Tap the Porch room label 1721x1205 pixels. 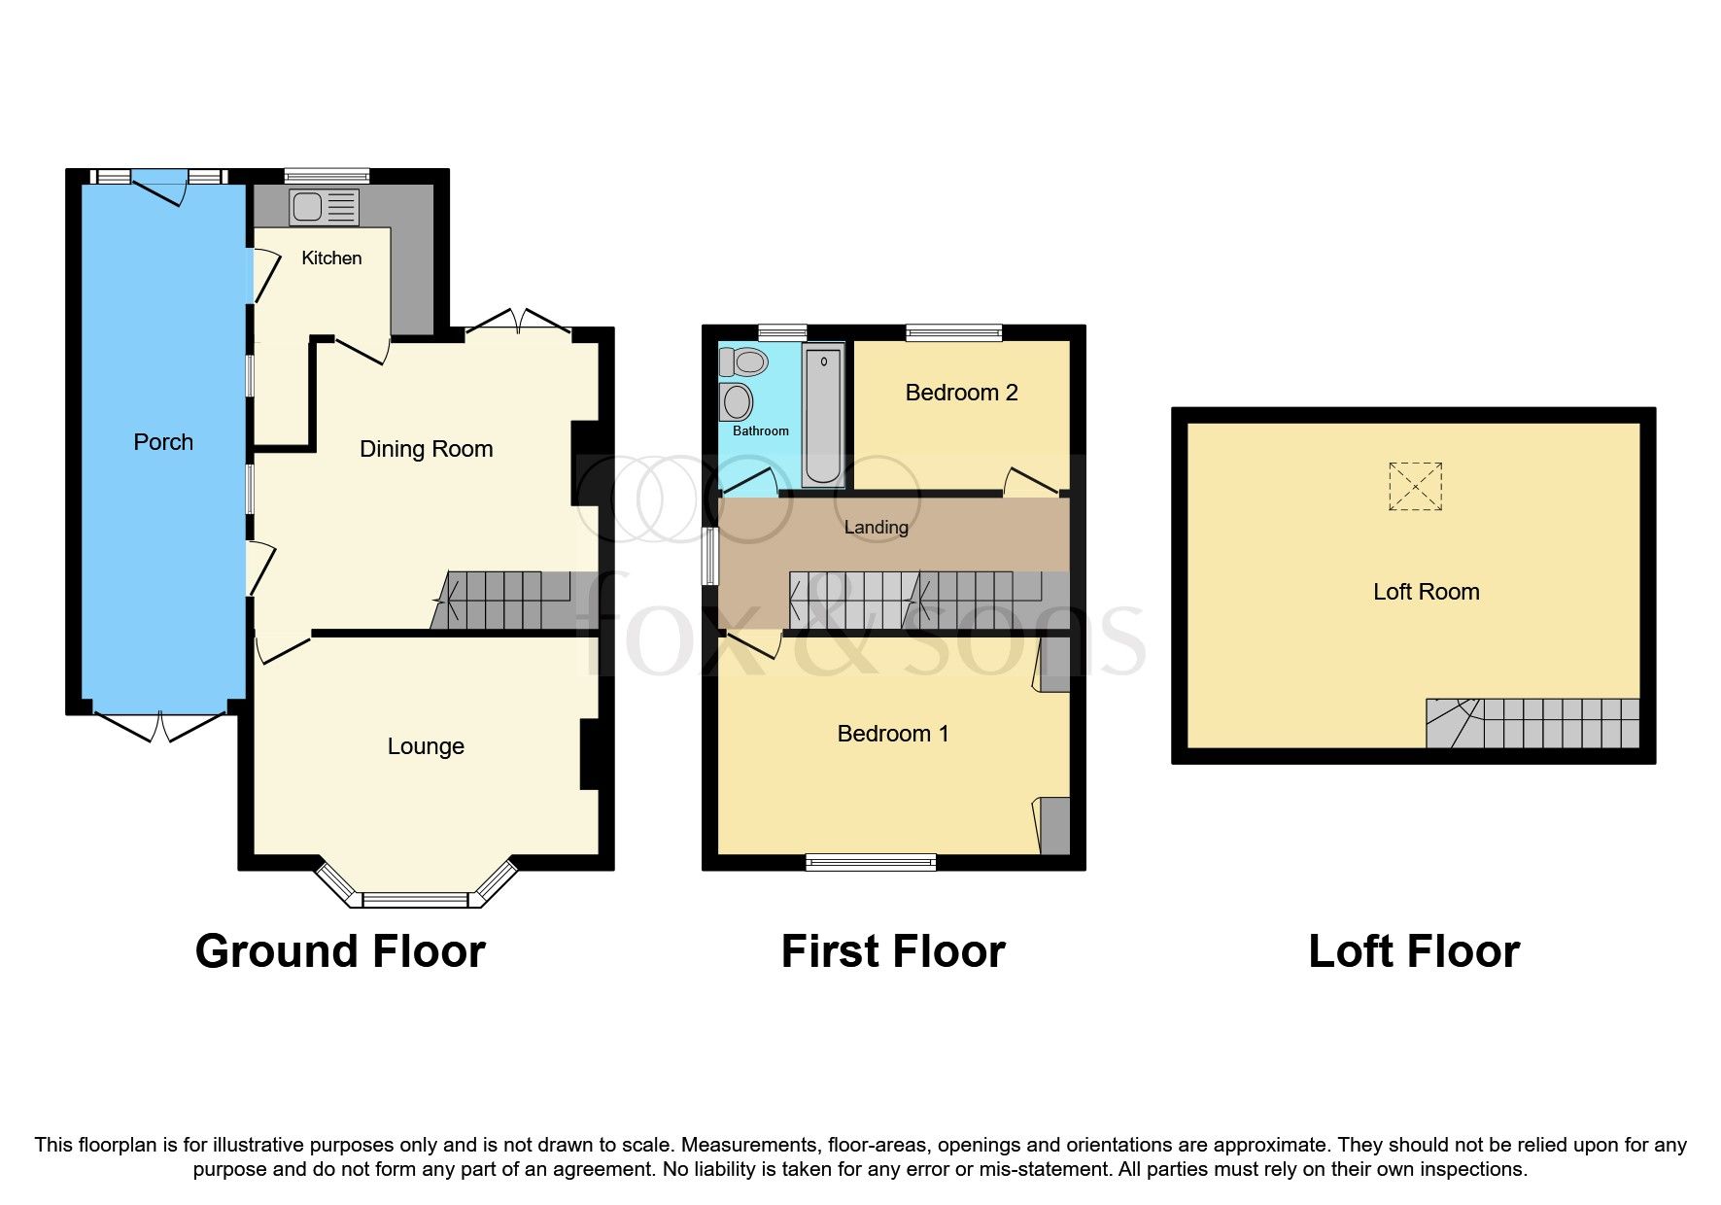click(163, 442)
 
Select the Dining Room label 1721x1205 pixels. click(426, 449)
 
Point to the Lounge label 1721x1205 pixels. click(426, 746)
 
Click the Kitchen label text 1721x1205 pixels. click(331, 258)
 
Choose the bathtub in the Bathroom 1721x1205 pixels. click(823, 416)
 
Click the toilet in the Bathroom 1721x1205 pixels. click(744, 362)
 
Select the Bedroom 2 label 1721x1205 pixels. click(961, 393)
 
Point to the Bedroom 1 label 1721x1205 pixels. click(892, 734)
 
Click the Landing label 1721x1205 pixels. click(876, 528)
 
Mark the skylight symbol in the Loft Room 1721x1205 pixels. click(1415, 486)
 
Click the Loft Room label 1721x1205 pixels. click(1426, 592)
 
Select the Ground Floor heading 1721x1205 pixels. click(340, 951)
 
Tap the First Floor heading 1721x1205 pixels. click(892, 951)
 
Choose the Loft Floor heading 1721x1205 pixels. click(1413, 951)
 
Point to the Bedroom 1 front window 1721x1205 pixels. click(871, 861)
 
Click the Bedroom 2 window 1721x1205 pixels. click(953, 332)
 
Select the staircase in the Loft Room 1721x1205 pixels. click(1532, 723)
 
